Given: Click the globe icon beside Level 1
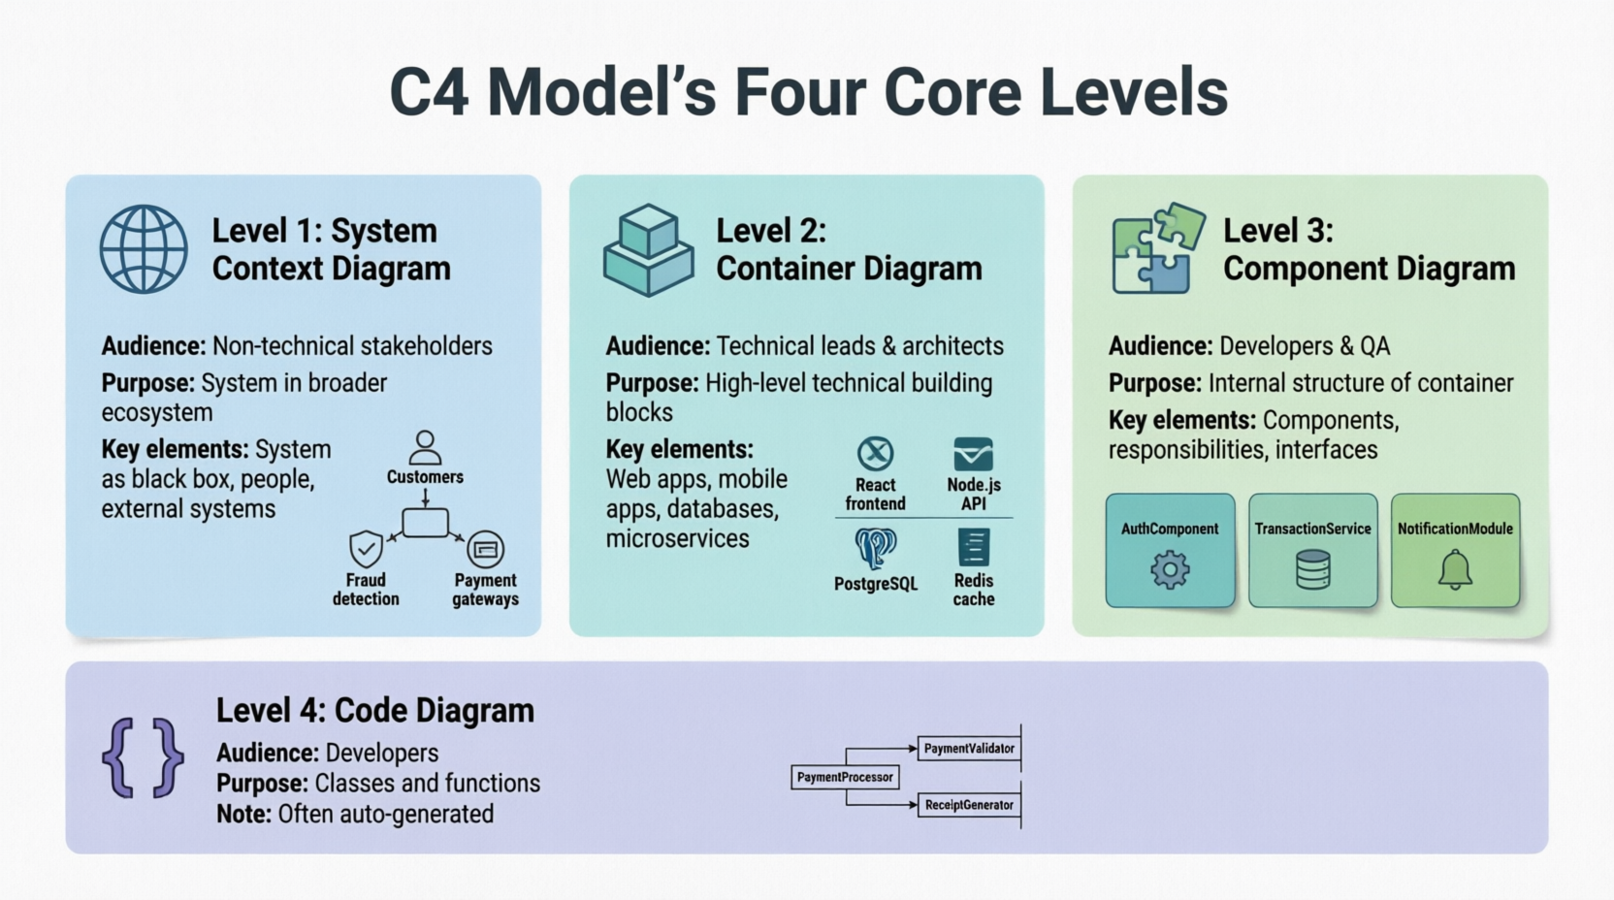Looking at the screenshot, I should point(144,249).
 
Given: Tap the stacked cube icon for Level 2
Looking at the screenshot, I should point(648,250).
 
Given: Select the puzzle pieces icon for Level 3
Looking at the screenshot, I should point(1157,248).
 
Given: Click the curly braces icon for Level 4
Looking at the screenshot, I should point(143,758).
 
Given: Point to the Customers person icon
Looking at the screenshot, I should point(425,448).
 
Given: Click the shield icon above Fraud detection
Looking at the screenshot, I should point(366,549).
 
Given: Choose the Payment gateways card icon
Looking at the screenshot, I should point(485,550).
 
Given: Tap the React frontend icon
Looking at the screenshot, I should point(875,453).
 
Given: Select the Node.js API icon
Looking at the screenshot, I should point(973,453).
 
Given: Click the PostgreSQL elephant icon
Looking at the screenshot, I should point(875,548).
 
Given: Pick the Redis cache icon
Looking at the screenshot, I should point(973,547).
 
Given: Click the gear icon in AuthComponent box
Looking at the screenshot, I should point(1170,569).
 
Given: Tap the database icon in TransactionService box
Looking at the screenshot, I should point(1312,569).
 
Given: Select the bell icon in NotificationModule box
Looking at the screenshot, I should point(1455,569).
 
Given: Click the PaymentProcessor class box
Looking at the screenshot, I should point(845,777).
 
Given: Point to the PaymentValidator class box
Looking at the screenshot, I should point(969,749).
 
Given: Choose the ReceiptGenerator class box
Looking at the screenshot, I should point(969,805).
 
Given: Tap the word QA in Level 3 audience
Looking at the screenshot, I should point(1374,346).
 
